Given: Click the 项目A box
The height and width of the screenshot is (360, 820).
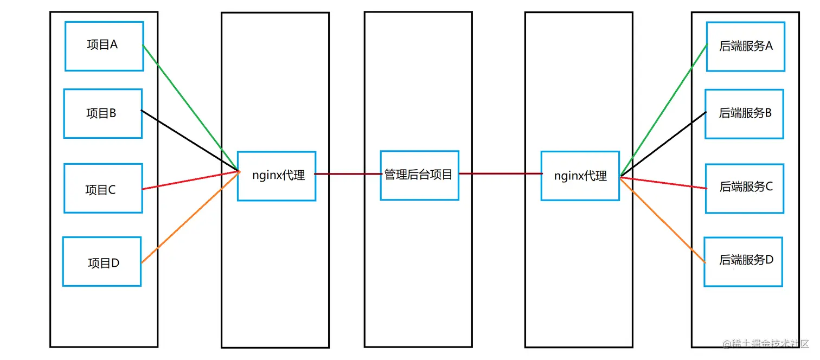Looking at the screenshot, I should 104,46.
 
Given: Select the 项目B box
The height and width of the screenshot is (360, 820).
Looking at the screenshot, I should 103,114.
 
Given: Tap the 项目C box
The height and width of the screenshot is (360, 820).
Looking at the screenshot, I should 103,188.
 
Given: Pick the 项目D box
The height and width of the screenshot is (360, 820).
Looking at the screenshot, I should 102,261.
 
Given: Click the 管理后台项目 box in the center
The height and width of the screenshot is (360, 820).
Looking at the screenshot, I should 419,175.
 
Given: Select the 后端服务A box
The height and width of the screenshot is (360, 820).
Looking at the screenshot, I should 746,46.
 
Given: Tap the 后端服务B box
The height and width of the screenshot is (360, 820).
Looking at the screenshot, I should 744,114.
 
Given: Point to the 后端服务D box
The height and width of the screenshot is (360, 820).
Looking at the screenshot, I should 744,261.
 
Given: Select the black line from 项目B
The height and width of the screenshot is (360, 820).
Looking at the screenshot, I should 190,141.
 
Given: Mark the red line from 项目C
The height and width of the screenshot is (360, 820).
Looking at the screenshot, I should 190,181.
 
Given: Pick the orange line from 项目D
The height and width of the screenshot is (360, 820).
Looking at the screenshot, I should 190,217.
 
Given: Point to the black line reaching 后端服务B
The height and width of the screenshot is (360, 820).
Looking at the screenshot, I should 663,144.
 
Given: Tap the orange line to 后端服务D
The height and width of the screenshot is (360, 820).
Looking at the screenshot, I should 663,220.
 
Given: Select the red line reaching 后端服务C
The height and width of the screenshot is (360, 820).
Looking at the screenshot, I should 664,183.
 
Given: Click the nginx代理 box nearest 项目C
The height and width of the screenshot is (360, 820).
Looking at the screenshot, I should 277,176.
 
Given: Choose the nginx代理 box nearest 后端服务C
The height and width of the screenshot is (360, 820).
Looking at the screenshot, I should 580,176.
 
